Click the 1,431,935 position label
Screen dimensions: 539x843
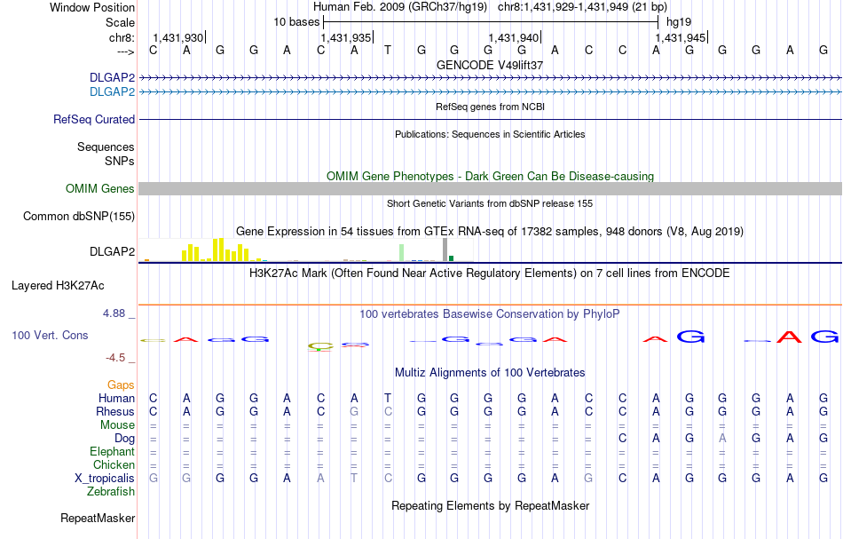(345, 38)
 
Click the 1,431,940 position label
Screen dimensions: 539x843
(514, 38)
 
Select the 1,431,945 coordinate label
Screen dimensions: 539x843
(681, 38)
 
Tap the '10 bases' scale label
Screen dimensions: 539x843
(296, 21)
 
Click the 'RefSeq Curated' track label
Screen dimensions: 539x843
(94, 119)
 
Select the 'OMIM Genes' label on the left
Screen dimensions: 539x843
(100, 188)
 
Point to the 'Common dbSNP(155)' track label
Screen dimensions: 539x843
(79, 216)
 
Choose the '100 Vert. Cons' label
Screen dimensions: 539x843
(50, 336)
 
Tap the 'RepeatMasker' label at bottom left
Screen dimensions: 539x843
(98, 518)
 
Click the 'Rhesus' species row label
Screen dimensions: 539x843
(115, 411)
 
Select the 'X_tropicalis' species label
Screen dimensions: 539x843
(105, 478)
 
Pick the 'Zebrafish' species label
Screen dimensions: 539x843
(111, 491)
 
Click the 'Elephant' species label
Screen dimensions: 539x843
(112, 451)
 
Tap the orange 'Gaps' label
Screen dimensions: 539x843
(121, 384)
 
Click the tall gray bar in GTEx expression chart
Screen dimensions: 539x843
(445, 250)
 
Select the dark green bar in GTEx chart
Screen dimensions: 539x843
(451, 258)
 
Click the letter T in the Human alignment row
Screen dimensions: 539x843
(387, 398)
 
